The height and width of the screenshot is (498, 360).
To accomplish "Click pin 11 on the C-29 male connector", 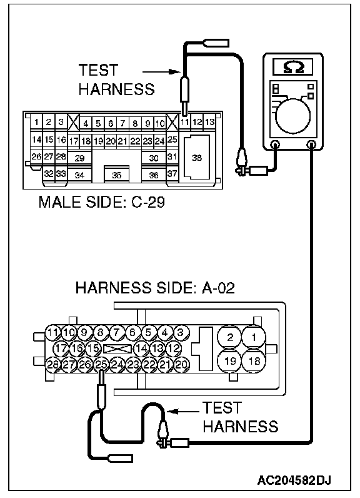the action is [185, 123].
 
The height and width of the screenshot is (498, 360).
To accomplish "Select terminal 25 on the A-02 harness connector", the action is [101, 364].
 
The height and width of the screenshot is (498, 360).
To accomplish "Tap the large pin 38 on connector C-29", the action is [197, 158].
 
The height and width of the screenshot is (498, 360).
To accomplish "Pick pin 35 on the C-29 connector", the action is [117, 175].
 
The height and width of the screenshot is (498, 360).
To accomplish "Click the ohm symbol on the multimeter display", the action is [293, 68].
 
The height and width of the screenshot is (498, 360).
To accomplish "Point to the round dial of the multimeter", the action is [292, 116].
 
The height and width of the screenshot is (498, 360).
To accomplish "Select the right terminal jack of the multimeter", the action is [312, 145].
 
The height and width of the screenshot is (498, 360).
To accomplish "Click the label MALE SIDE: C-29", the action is [101, 202].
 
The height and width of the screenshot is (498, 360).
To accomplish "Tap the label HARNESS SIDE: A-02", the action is [155, 288].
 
